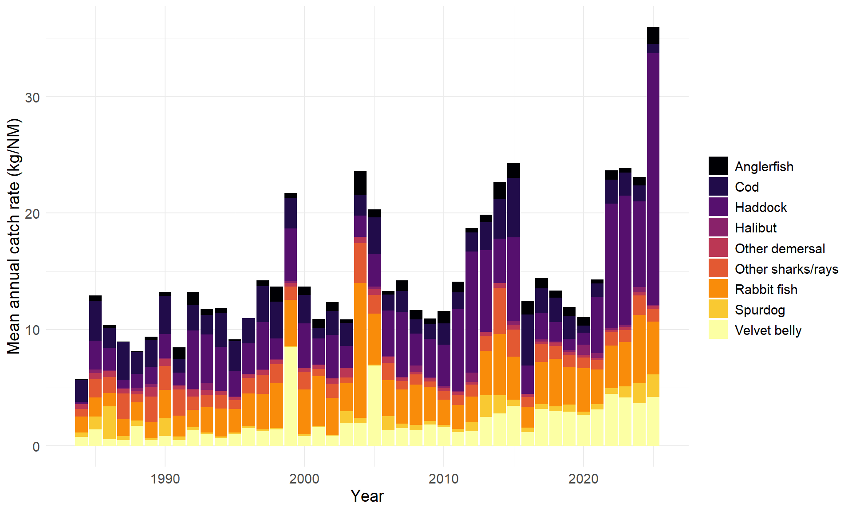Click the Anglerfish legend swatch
[718, 166]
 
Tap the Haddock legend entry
[761, 208]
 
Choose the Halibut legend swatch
[718, 228]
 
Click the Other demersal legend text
[780, 248]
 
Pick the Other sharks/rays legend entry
[786, 269]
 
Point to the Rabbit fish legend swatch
[718, 289]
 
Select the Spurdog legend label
[760, 310]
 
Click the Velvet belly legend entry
[768, 330]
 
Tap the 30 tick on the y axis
[32, 98]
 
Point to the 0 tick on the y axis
[36, 447]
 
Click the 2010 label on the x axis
[443, 479]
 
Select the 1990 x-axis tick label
[165, 479]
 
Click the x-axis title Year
[367, 496]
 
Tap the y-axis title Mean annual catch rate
[14, 236]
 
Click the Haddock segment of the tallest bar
[653, 177]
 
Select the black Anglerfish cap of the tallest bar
[653, 35]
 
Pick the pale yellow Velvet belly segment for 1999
[291, 395]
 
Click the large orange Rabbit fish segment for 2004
[360, 350]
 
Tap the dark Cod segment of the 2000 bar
[304, 309]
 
